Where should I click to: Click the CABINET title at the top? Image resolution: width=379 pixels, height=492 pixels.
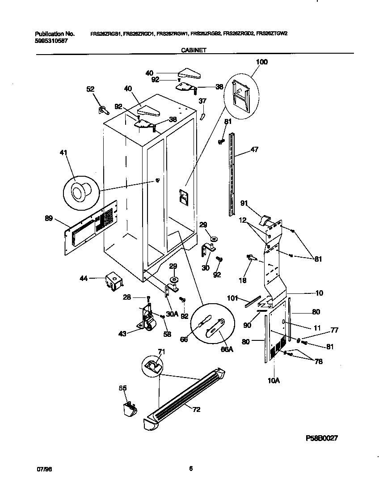[193, 51]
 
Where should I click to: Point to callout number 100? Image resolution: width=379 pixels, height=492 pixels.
[261, 62]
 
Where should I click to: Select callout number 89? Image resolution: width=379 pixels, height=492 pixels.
[49, 219]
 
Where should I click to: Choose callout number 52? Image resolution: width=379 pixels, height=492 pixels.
[90, 89]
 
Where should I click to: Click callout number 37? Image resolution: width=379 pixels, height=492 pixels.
[202, 101]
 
